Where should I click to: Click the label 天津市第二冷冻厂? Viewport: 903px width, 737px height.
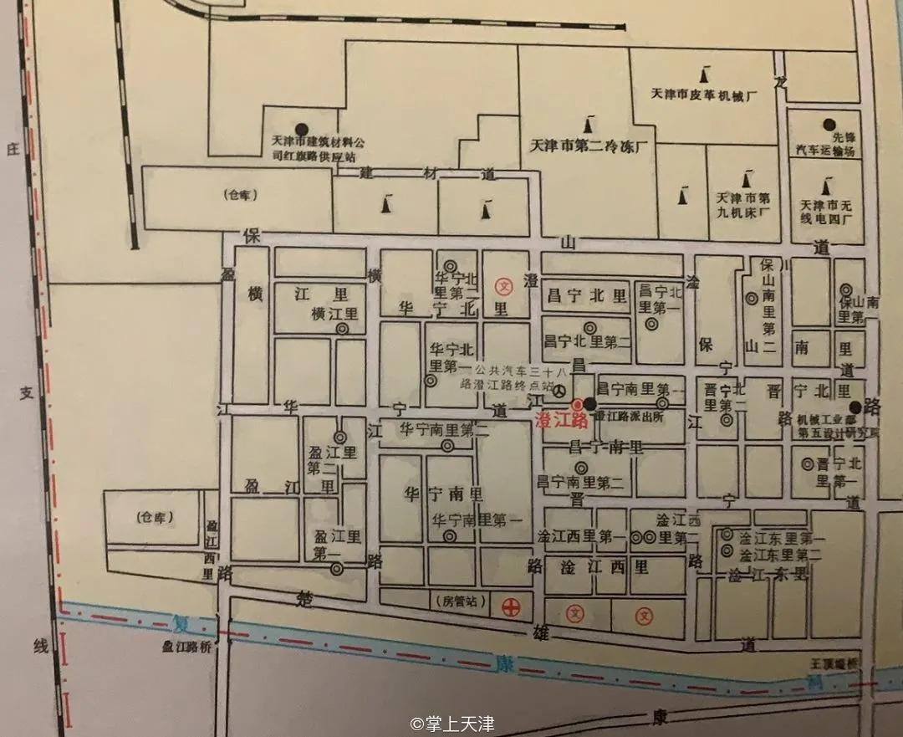pyautogui.click(x=590, y=146)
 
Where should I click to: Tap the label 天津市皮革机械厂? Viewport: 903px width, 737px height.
pyautogui.click(x=704, y=95)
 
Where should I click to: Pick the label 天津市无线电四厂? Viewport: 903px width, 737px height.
pyautogui.click(x=826, y=212)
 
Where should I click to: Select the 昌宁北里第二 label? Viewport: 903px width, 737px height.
pyautogui.click(x=587, y=341)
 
